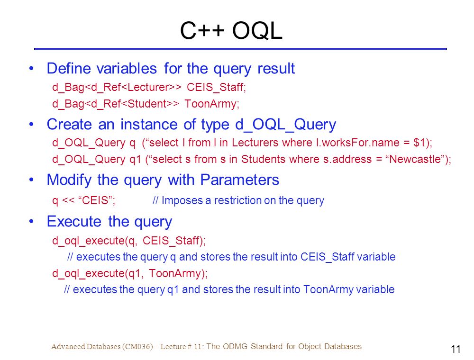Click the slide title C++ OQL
click(x=231, y=30)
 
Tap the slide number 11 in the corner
click(x=456, y=349)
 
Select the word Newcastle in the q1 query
click(x=415, y=159)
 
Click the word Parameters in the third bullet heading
click(x=239, y=180)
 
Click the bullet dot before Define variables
click(x=31, y=68)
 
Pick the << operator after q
click(x=68, y=200)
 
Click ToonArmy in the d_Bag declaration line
click(x=210, y=104)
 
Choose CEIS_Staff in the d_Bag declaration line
click(x=215, y=87)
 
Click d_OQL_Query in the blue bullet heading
click(x=285, y=125)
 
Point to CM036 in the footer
click(x=138, y=346)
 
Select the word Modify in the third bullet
click(x=69, y=180)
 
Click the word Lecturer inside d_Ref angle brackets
click(x=146, y=87)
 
